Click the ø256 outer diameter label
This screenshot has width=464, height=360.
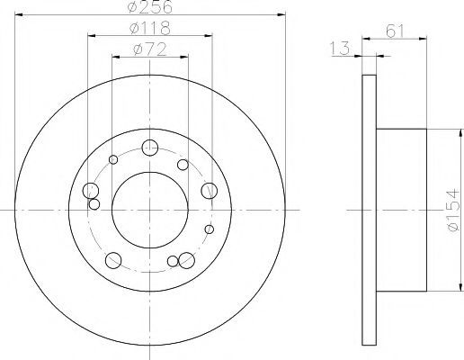tap(150, 6)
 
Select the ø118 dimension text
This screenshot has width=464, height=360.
tap(150, 28)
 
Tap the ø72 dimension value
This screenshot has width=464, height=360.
tap(149, 49)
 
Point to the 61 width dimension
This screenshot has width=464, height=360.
tap(396, 31)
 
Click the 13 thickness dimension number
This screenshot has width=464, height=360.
tap(340, 49)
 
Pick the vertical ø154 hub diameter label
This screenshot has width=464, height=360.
tap(452, 210)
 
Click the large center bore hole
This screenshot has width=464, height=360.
tap(150, 210)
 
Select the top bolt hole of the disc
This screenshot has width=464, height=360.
tap(150, 148)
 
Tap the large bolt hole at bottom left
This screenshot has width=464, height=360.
tap(113, 260)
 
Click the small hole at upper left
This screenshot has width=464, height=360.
tap(113, 159)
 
